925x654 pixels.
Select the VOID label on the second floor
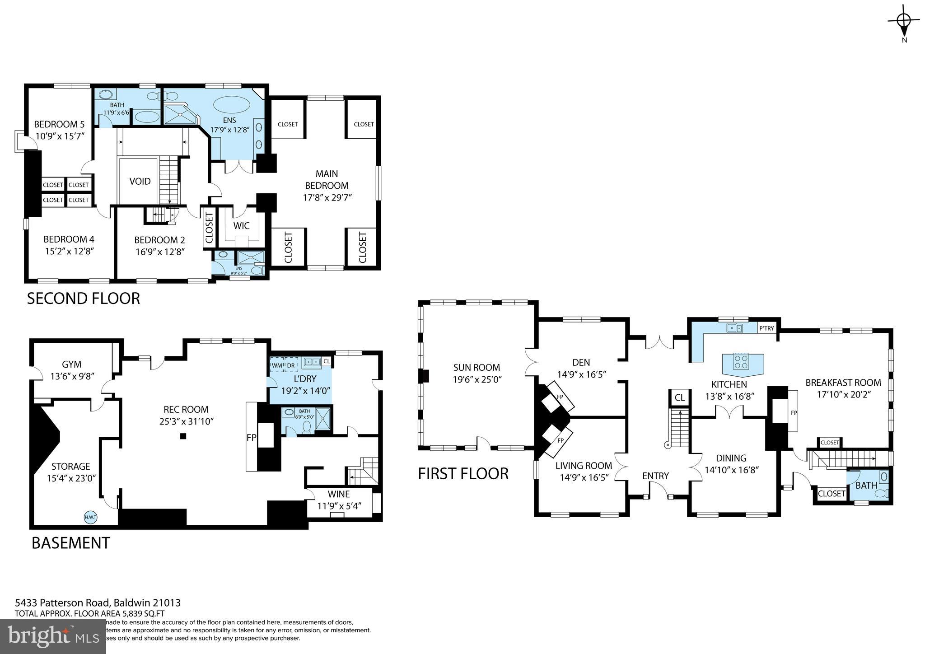(x=140, y=182)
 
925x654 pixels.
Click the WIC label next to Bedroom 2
(x=242, y=226)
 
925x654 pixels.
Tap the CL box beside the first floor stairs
(x=679, y=397)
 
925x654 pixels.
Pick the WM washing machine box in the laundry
(x=276, y=364)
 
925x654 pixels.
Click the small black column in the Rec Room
(x=183, y=436)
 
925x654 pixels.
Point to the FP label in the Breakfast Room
(x=793, y=412)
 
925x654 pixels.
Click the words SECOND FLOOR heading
(x=84, y=299)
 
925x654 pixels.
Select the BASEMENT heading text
(x=71, y=543)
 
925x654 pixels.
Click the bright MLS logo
(x=53, y=636)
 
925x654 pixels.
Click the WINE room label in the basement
(x=339, y=495)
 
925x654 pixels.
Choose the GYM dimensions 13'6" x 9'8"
(x=71, y=376)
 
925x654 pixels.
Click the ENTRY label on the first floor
(x=655, y=476)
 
